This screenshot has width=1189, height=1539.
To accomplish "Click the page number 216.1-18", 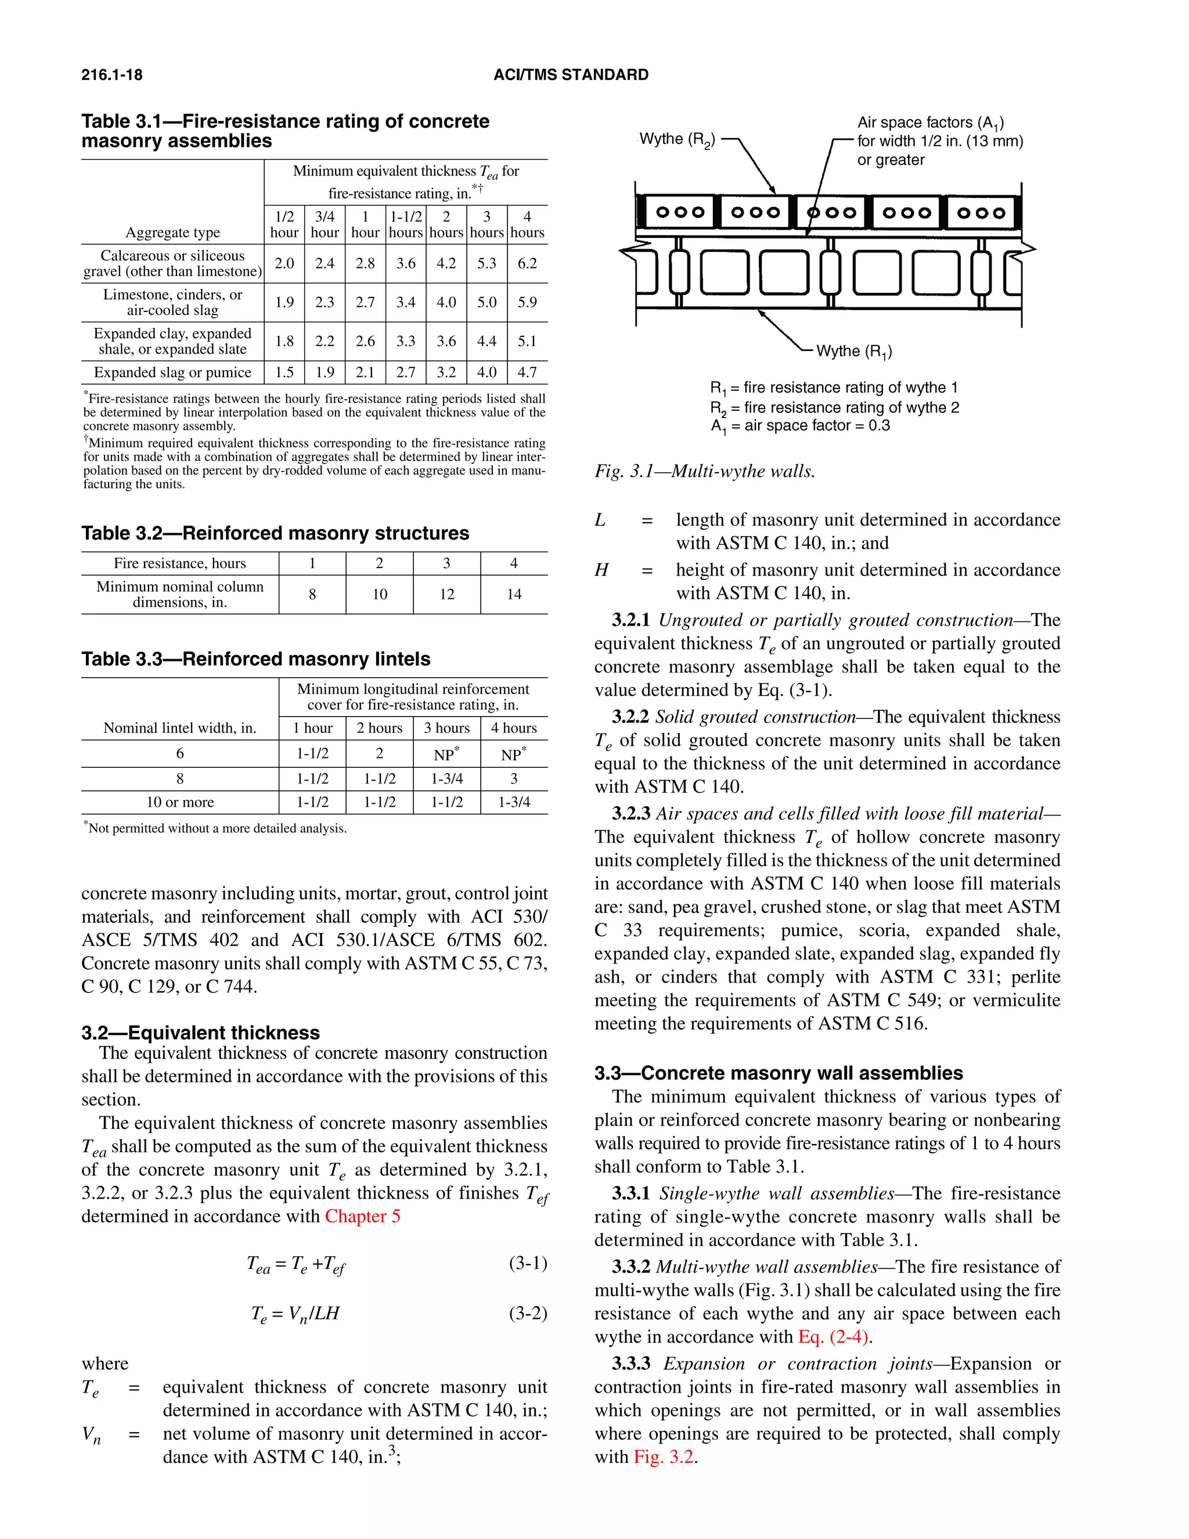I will pos(111,75).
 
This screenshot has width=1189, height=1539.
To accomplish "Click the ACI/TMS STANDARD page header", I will pos(571,75).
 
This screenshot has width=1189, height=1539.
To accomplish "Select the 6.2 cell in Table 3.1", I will pos(527,264).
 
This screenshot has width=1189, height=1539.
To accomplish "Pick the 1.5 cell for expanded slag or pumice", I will pos(284,372).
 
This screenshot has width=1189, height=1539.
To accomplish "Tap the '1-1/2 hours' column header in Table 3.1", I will pos(406,225).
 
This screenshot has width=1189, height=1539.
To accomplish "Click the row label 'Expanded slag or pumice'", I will pos(172,372).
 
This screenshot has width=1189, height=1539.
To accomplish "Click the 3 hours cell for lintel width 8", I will pos(446,779).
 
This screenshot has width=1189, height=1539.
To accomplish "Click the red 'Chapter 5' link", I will pos(362,1216).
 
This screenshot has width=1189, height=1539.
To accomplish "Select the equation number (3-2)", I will pos(528,1313).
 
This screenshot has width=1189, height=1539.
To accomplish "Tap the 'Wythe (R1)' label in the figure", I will pos(853,351).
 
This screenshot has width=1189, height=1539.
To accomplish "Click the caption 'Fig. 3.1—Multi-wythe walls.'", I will pos(704,471).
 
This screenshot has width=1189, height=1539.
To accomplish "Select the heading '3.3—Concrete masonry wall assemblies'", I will pos(779,1073).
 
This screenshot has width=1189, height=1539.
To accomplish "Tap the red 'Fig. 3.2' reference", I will pos(664,1457).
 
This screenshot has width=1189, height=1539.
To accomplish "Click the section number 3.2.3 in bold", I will pos(630,814).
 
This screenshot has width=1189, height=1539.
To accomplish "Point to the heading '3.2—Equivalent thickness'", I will pos(200,1033).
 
